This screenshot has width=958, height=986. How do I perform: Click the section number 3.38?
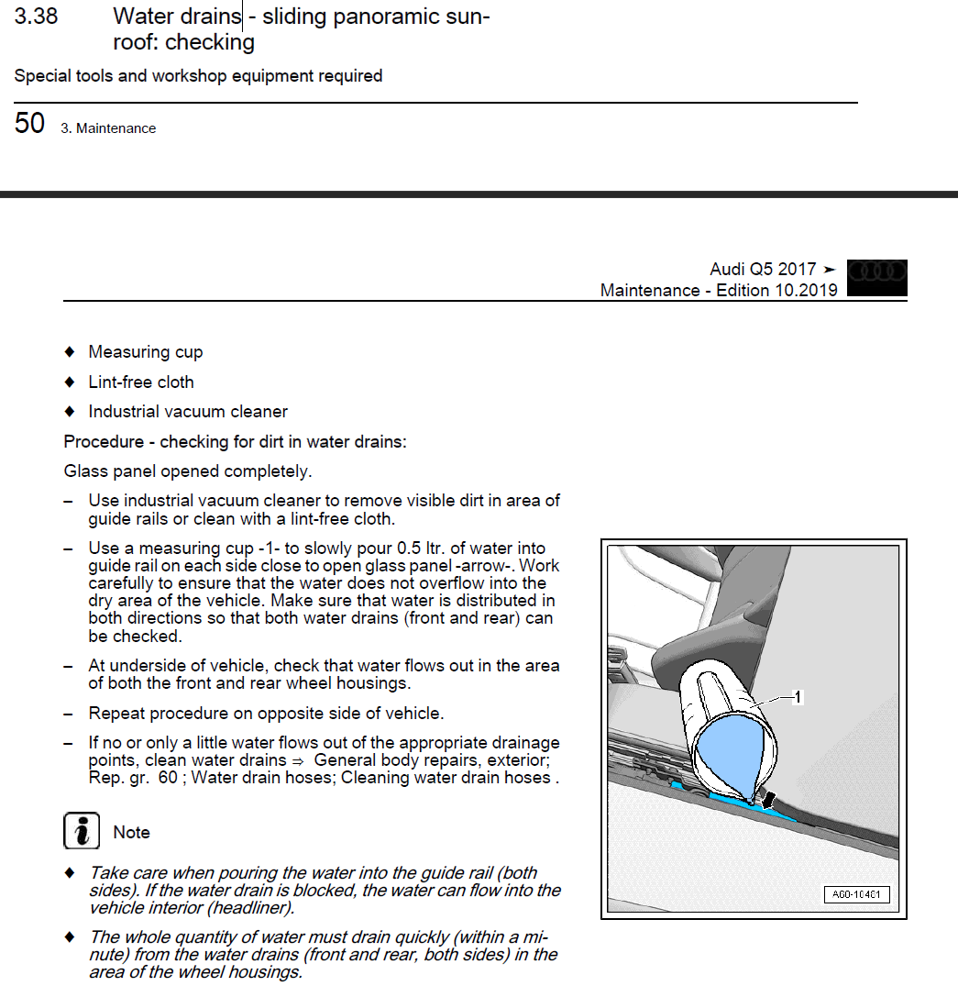click(37, 17)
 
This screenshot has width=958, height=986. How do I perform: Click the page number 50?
click(29, 124)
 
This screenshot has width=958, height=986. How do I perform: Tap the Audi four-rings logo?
click(877, 272)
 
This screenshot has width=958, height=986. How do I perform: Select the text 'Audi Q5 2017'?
click(763, 270)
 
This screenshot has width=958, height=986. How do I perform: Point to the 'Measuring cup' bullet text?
click(146, 352)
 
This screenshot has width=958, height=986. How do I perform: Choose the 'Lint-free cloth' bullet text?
click(141, 382)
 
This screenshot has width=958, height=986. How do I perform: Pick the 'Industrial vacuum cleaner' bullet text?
click(188, 412)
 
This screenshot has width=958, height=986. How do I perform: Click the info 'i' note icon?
click(82, 831)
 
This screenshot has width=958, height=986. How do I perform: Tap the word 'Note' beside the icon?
click(131, 832)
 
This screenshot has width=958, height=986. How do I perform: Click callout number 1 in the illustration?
click(798, 698)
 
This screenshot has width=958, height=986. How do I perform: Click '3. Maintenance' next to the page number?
click(108, 129)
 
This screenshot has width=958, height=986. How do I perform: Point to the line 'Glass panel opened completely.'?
click(188, 471)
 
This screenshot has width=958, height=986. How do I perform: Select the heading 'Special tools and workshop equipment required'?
click(198, 76)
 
